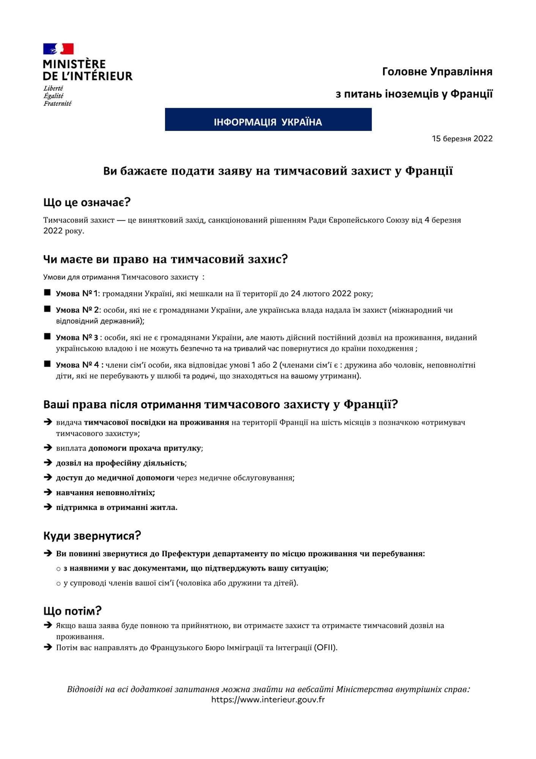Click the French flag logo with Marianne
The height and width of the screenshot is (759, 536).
click(58, 49)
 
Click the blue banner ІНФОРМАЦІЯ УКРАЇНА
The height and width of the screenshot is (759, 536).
click(268, 120)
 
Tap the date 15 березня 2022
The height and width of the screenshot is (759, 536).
click(462, 139)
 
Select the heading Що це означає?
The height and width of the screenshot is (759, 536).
click(87, 202)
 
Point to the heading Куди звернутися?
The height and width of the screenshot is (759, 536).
click(92, 535)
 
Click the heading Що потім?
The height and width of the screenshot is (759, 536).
click(72, 611)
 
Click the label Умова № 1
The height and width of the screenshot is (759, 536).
click(77, 294)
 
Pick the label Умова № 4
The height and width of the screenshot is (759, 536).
click(78, 365)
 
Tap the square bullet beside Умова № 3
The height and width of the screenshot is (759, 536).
click(47, 337)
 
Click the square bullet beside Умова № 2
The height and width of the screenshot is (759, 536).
click(47, 309)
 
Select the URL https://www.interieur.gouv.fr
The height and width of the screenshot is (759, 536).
click(268, 700)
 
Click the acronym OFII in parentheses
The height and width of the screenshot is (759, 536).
click(325, 647)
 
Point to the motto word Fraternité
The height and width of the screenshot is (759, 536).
click(57, 104)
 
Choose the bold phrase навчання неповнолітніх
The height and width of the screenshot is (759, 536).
click(105, 493)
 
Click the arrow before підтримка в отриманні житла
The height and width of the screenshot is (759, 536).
click(48, 507)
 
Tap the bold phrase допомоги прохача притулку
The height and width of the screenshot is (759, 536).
click(145, 448)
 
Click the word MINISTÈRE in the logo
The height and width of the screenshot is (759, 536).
click(74, 64)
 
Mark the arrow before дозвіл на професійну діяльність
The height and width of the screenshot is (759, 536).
click(48, 463)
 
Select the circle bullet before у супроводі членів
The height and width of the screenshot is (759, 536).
click(58, 584)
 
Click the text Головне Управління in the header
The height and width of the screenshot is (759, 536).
click(437, 72)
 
